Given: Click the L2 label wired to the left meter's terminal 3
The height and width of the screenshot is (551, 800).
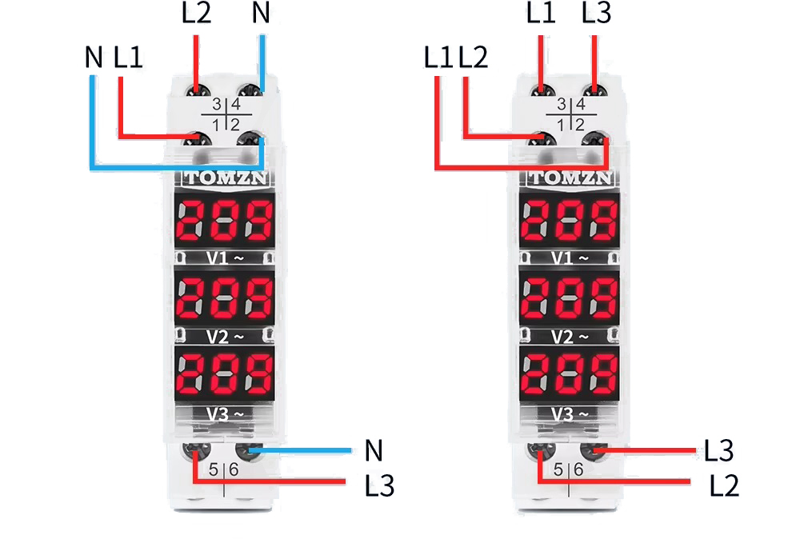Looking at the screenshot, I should [196, 14].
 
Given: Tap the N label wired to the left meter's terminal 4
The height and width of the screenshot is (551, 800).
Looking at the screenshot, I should [261, 14].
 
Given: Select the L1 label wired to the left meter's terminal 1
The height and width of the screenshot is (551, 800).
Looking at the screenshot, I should [129, 58].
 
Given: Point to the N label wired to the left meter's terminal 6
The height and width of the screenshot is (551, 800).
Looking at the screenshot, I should [374, 451].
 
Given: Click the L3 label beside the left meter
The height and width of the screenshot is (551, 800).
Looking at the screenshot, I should [379, 485].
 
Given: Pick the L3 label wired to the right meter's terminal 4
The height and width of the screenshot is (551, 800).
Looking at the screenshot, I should [597, 14].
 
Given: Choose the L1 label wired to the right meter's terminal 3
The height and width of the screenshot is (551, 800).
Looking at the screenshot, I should [542, 14].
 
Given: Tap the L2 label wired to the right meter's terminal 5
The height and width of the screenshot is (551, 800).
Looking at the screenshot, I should [724, 485].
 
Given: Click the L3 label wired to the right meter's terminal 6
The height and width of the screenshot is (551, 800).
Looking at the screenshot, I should [719, 451].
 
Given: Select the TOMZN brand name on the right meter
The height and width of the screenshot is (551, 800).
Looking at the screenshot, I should [570, 178].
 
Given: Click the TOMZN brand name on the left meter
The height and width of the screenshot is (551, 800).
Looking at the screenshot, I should [227, 178].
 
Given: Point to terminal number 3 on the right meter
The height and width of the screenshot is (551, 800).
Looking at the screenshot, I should [561, 105].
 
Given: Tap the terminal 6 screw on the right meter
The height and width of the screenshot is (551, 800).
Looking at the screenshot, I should [593, 452].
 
